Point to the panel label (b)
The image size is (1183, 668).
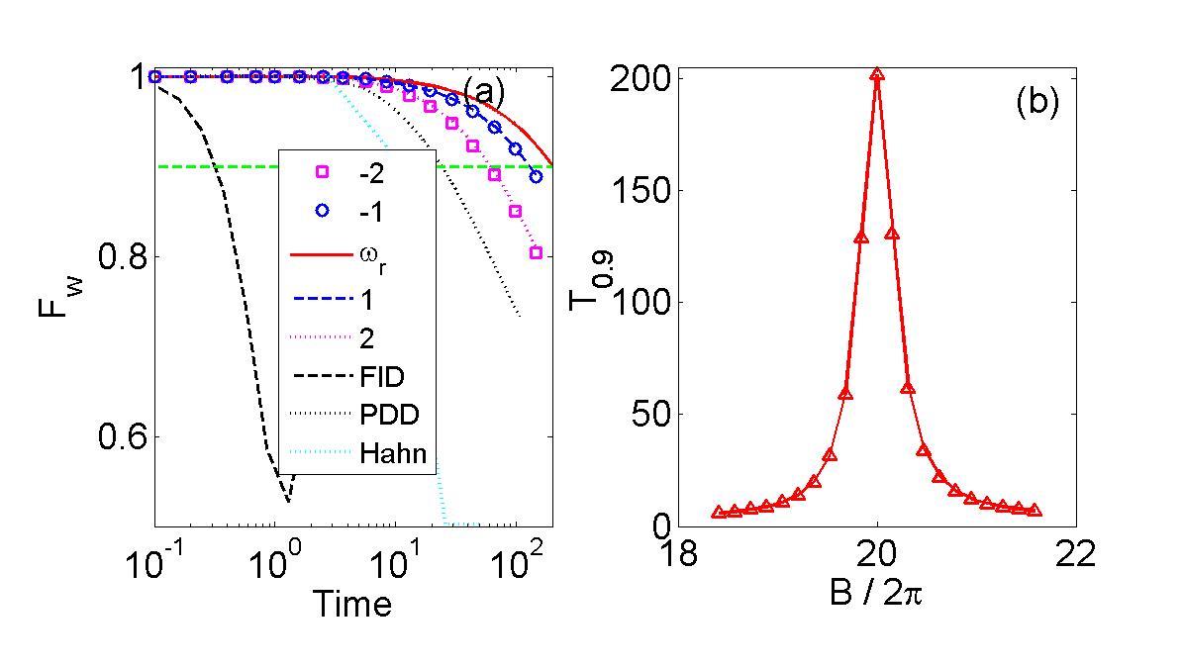[1037, 103]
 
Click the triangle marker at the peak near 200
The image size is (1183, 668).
[877, 74]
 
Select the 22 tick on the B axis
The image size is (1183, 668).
[1076, 554]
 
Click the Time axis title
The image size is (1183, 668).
[352, 603]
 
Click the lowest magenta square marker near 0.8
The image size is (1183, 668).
[536, 252]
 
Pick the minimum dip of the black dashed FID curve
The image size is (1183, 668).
[288, 501]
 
